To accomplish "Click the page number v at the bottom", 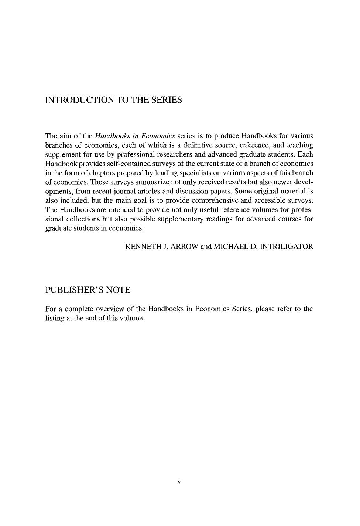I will click(x=179, y=482).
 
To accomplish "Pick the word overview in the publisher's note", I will click(x=109, y=309).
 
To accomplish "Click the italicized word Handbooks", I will click(x=113, y=136).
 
